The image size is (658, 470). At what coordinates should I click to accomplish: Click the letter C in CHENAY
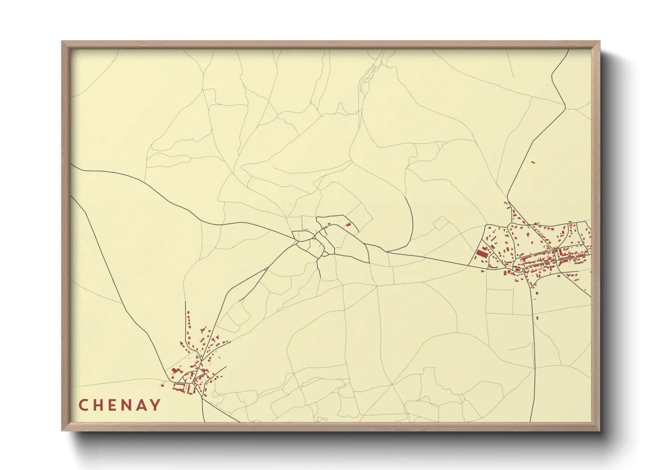click(84, 405)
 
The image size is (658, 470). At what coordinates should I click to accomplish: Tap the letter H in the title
click(99, 405)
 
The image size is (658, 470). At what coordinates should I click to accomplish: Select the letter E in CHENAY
click(114, 405)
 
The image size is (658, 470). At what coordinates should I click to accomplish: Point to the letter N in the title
click(128, 405)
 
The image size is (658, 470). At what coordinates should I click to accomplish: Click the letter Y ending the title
click(156, 405)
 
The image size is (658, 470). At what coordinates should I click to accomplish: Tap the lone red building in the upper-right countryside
click(534, 162)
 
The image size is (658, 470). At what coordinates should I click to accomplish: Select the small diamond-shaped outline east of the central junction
click(441, 223)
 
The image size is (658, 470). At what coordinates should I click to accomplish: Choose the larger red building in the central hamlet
click(348, 224)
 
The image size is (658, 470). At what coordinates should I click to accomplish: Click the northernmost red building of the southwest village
click(188, 314)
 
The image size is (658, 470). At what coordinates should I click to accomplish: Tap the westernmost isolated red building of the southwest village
click(162, 385)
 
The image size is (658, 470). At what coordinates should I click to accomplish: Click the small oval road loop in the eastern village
click(518, 269)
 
